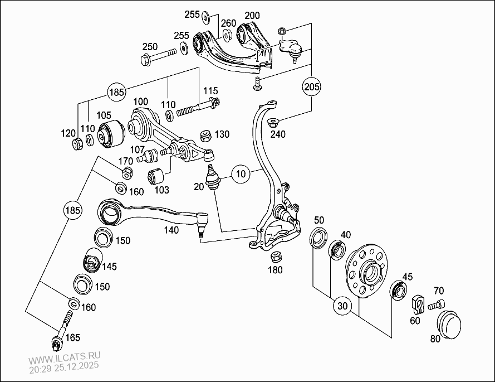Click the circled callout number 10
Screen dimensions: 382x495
(241, 174)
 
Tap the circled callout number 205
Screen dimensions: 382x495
(312, 87)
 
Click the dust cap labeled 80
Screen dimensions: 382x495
(449, 323)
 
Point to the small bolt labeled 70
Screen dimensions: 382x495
(435, 304)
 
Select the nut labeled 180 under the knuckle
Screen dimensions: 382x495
(275, 258)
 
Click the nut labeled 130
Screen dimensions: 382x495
(204, 135)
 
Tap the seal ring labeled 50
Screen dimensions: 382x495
(318, 236)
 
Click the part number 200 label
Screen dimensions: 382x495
(252, 15)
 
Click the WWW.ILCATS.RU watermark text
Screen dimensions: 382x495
(65, 360)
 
